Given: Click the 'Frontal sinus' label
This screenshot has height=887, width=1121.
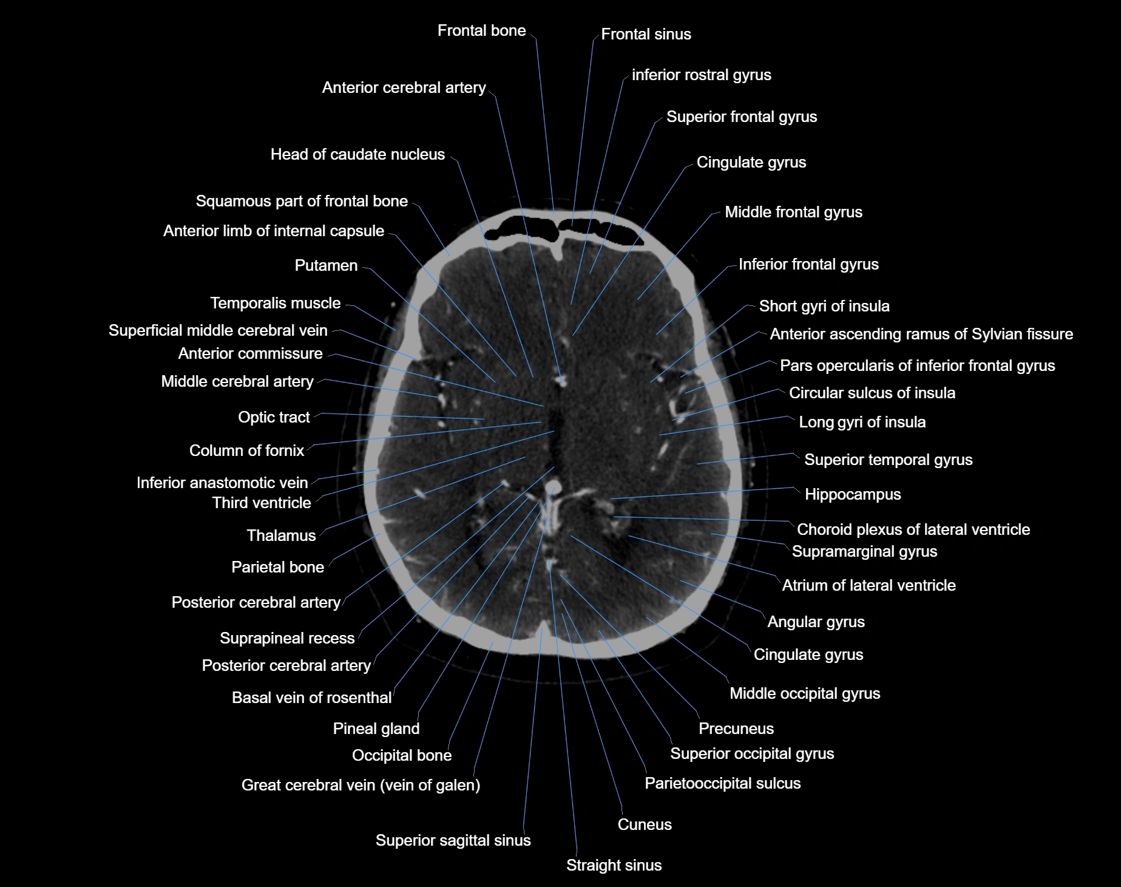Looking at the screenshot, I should pyautogui.click(x=646, y=34).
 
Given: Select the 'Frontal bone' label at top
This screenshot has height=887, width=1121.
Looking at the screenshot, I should pyautogui.click(x=481, y=30).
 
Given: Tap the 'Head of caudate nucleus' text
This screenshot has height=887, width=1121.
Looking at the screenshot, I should pyautogui.click(x=357, y=154).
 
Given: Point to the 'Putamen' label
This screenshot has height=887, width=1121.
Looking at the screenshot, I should pyautogui.click(x=326, y=265).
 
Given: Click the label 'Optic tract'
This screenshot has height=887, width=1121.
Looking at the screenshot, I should pyautogui.click(x=274, y=417).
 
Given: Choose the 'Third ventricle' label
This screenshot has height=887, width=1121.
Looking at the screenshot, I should pyautogui.click(x=262, y=503).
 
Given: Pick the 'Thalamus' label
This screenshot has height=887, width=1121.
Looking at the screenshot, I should pyautogui.click(x=281, y=535).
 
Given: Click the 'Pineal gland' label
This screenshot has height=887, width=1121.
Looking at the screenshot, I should pyautogui.click(x=376, y=729).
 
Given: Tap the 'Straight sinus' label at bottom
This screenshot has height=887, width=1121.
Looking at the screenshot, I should pyautogui.click(x=614, y=865).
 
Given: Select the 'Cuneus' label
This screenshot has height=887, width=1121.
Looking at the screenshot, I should pyautogui.click(x=645, y=824).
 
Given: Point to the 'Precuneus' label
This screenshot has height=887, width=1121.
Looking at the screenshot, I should pyautogui.click(x=736, y=729).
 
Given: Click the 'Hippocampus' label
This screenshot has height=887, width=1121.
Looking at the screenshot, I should pyautogui.click(x=853, y=494).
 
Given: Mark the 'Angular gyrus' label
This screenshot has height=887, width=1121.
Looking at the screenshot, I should pyautogui.click(x=816, y=622).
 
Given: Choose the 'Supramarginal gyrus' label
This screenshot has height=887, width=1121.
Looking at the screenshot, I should pyautogui.click(x=864, y=551).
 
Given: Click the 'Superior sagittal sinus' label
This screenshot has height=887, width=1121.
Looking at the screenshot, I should pyautogui.click(x=453, y=840).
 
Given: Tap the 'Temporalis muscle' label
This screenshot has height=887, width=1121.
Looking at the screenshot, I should pyautogui.click(x=275, y=303).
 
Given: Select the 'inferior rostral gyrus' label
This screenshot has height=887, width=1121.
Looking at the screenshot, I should pyautogui.click(x=701, y=75).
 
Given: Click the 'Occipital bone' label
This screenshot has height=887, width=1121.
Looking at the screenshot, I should pyautogui.click(x=402, y=755).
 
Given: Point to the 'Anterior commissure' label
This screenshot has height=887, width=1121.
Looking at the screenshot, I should pyautogui.click(x=250, y=353).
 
